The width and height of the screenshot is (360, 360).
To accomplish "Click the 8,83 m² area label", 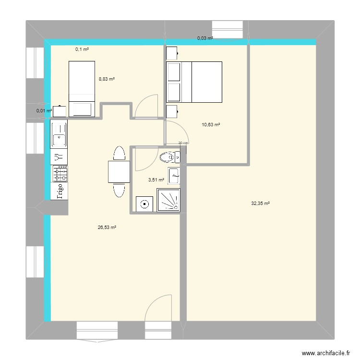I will tap(107, 79).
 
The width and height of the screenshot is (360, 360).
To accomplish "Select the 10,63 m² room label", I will tap(211, 124).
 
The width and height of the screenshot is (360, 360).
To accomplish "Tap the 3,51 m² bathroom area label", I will tap(156, 180).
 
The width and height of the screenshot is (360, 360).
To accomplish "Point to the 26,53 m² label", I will tap(107, 228).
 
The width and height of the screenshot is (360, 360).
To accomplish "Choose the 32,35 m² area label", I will tap(260, 203).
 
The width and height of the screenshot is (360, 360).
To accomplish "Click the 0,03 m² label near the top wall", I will tap(205, 38).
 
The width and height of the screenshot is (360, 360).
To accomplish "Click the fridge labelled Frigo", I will tap(60, 191).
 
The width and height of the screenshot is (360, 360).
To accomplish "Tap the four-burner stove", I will tap(60, 173).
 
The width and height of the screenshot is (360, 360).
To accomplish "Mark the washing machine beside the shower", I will tap(144, 204).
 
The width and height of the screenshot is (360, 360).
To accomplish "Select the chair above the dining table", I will tap(118, 154).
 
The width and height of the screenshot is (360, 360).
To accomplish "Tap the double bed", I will tap(194, 82).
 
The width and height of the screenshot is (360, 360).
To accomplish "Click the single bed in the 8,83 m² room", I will tap(84, 89).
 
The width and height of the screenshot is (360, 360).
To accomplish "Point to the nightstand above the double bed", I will tap(171, 52).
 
